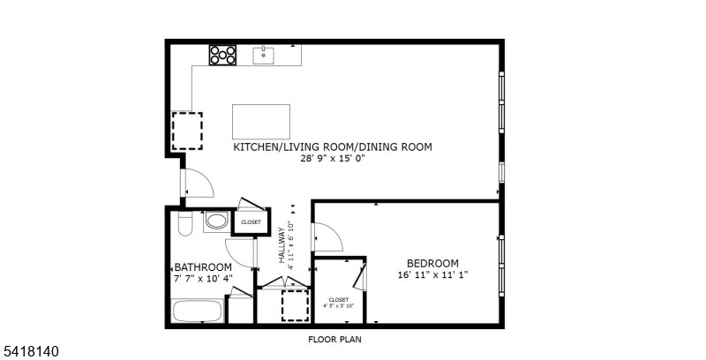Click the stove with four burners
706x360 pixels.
[223, 55]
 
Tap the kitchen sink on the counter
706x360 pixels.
[264, 56]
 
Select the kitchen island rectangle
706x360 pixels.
[261, 120]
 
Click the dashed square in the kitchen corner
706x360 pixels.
[186, 131]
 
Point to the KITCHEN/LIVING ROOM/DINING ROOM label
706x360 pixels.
[332, 147]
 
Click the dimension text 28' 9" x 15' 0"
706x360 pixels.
[332, 159]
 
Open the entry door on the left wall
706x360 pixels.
[197, 184]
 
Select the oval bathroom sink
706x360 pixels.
[216, 222]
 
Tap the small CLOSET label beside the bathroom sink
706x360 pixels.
[251, 222]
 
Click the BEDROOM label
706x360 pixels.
[432, 263]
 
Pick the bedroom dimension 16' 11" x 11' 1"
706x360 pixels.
[432, 274]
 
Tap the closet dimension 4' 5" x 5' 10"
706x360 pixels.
[339, 306]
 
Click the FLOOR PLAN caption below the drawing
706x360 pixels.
[334, 339]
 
